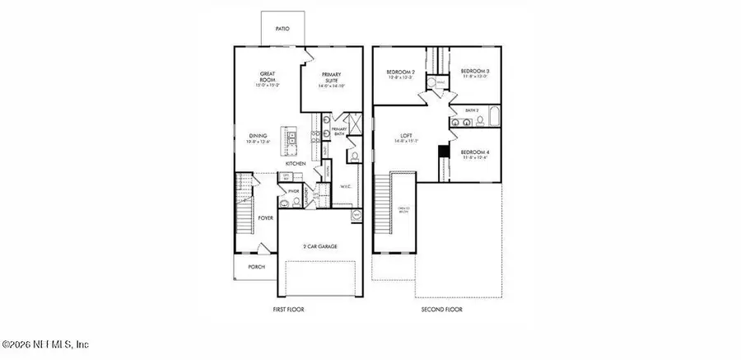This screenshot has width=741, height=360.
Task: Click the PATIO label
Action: point(282,29)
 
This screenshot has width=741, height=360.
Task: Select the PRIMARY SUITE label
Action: point(331,77)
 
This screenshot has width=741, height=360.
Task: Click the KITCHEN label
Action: point(296,164)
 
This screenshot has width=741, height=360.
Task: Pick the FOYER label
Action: point(265,218)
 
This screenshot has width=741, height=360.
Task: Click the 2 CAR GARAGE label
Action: point(320,246)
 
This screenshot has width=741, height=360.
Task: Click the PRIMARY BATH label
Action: point(338,133)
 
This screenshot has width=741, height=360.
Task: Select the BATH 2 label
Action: point(471,110)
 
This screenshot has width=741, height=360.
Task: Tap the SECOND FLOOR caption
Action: point(442,310)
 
